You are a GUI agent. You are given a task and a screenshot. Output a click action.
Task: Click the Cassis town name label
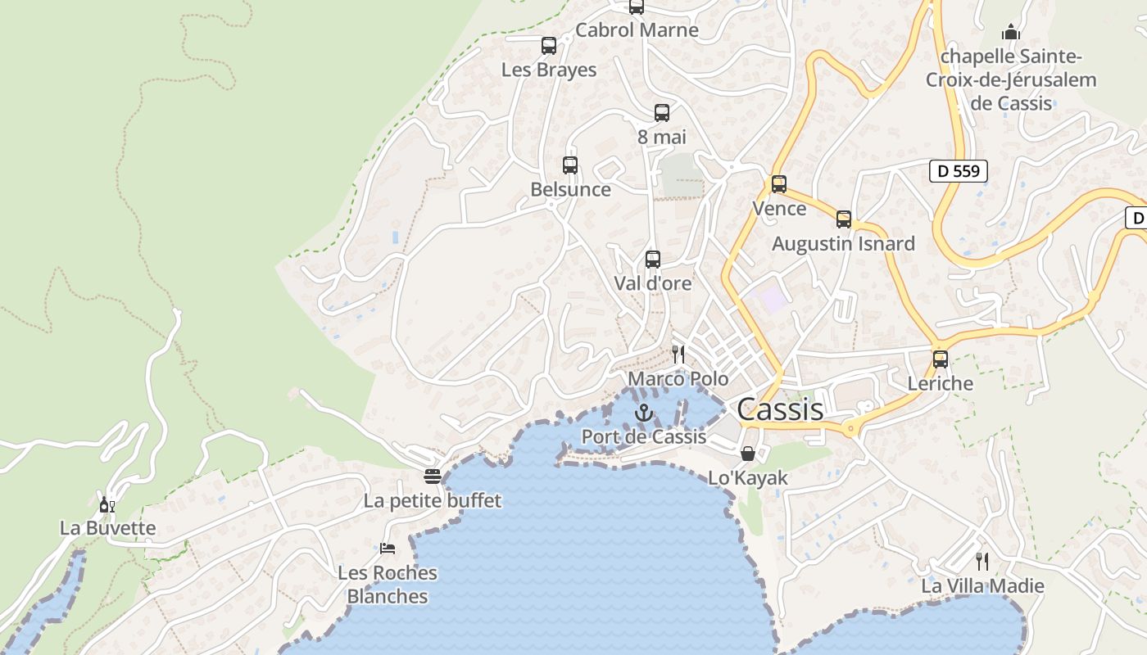pyautogui.click(x=780, y=409)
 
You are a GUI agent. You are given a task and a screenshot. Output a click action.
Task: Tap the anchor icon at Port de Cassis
pyautogui.click(x=644, y=413)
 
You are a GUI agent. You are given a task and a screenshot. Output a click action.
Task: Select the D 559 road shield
pyautogui.click(x=959, y=171)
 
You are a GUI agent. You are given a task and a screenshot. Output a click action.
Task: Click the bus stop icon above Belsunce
pyautogui.click(x=570, y=165)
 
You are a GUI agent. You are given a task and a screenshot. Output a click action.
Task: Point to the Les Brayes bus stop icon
pyautogui.click(x=549, y=46)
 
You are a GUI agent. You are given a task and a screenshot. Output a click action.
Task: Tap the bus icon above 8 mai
pyautogui.click(x=662, y=113)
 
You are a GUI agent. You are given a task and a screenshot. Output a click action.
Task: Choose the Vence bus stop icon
pyautogui.click(x=779, y=184)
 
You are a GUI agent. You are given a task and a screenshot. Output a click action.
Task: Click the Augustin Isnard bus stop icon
pyautogui.click(x=844, y=219)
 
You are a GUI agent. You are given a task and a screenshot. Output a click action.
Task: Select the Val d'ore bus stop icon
pyautogui.click(x=653, y=260)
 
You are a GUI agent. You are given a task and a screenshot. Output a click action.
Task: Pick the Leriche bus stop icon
pyautogui.click(x=941, y=359)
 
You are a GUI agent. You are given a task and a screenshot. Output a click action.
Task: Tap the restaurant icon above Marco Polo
pyautogui.click(x=678, y=354)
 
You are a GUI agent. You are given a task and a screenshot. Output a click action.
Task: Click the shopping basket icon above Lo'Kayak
pyautogui.click(x=748, y=454)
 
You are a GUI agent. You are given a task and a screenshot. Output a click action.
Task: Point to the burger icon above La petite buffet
pyautogui.click(x=433, y=476)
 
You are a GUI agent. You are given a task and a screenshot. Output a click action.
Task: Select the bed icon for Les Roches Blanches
pyautogui.click(x=388, y=548)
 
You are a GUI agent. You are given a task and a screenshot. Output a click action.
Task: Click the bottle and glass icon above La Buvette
pyautogui.click(x=107, y=504)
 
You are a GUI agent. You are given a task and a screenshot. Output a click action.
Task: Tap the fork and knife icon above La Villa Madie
pyautogui.click(x=982, y=561)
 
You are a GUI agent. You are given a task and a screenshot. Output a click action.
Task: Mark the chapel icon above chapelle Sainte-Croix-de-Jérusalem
pyautogui.click(x=1011, y=32)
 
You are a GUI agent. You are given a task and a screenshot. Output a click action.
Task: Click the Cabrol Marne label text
pyautogui.click(x=637, y=30)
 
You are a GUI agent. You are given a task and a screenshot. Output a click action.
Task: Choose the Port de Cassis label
pyautogui.click(x=644, y=436)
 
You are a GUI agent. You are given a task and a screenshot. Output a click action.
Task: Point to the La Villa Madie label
pyautogui.click(x=982, y=585)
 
